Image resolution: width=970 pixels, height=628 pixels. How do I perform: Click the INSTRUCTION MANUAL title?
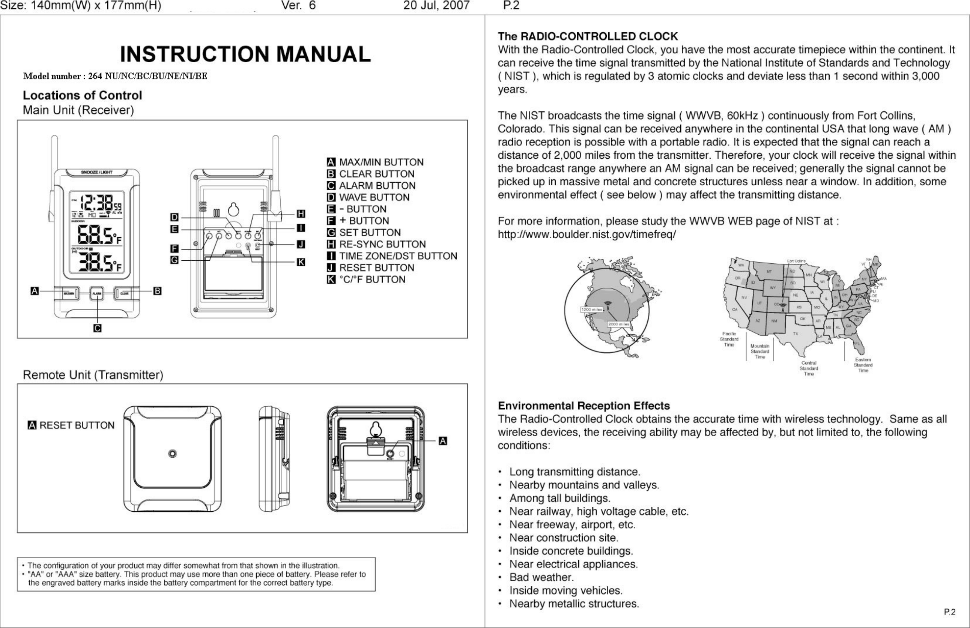245,54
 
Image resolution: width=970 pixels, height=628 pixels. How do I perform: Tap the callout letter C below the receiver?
98,328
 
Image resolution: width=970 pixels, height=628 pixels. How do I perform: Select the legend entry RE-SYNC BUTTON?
382,244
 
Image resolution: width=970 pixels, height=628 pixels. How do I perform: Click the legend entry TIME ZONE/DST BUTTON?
398,256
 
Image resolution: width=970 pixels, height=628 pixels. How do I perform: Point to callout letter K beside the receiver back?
301,262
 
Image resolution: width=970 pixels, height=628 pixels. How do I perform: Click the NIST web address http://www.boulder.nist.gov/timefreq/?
587,234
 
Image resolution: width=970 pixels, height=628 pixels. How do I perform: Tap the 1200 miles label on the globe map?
591,310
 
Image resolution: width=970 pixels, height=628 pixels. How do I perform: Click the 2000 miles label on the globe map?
618,325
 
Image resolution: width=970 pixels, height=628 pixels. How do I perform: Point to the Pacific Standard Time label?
729,339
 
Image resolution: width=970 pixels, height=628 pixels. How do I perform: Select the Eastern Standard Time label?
863,365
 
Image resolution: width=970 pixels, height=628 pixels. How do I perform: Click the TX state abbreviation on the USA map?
795,334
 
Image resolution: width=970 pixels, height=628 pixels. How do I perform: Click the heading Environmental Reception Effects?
584,406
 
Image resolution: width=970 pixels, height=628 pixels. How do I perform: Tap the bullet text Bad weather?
541,577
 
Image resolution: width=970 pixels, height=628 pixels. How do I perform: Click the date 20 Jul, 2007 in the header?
436,6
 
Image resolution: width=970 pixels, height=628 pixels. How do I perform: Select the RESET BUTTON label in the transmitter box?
77,425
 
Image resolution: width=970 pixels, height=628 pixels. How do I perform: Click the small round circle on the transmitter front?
172,454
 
